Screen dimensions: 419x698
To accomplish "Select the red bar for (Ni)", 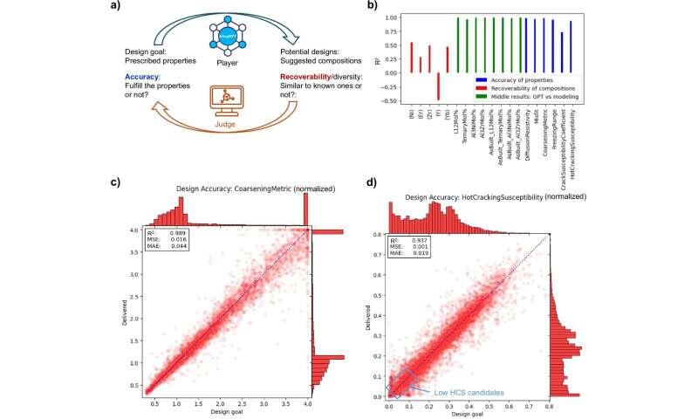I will point(411,57).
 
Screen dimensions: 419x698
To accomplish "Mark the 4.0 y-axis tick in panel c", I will point(136,230).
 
